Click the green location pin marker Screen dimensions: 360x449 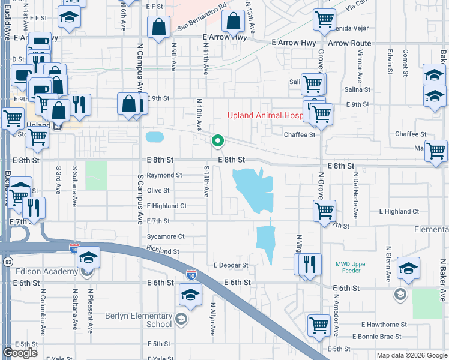[217, 141]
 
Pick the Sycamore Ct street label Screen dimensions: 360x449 [166, 236]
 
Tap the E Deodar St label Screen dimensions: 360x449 [231, 265]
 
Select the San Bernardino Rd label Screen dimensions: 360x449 [202, 22]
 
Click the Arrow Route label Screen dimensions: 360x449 [349, 43]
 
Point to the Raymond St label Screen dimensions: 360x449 [164, 175]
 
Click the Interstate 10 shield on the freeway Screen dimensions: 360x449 [190, 274]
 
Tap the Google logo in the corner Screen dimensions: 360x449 [20, 352]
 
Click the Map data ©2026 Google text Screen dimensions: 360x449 [412, 355]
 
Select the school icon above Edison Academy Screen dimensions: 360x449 [88, 258]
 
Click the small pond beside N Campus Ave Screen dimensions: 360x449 [155, 137]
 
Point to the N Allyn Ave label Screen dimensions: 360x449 [212, 318]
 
